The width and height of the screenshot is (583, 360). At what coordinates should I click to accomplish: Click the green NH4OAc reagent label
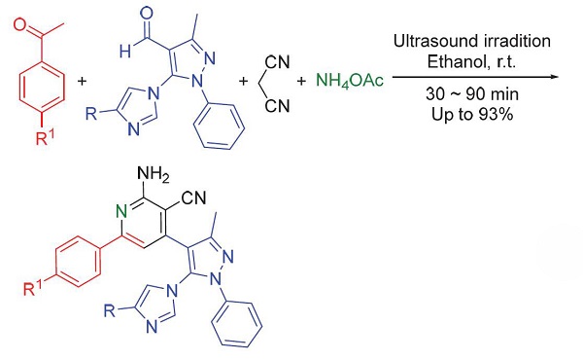tap(350, 81)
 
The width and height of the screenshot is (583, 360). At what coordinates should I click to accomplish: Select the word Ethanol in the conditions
tap(456, 61)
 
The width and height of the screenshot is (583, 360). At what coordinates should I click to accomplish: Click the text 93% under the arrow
tap(496, 114)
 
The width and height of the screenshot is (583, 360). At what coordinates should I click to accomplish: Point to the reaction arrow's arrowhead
tap(555, 77)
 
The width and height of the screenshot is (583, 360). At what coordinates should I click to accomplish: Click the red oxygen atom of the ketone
tap(21, 25)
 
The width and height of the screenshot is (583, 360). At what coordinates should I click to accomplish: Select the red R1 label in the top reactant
tap(45, 138)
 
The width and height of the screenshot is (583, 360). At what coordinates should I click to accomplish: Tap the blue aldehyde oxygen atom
tap(146, 14)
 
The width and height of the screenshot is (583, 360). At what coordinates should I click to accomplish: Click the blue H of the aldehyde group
tap(125, 51)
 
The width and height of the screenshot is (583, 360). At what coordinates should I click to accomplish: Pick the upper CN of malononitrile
tap(277, 62)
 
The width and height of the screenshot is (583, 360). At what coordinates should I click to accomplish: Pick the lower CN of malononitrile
tap(277, 106)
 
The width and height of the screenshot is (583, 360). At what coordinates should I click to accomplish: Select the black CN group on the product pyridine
tap(193, 198)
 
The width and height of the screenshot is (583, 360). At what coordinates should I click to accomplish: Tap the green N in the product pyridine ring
tap(121, 211)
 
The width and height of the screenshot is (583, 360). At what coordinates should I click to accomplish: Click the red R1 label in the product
tap(33, 289)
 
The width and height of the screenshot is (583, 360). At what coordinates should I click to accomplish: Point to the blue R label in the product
tap(110, 310)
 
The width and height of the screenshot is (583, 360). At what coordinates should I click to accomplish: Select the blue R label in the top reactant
tap(91, 113)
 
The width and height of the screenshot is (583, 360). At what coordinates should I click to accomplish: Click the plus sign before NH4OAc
tap(301, 81)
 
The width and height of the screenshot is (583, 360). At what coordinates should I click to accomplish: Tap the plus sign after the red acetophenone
tap(82, 81)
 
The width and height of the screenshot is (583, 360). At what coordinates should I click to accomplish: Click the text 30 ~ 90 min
tap(472, 94)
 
